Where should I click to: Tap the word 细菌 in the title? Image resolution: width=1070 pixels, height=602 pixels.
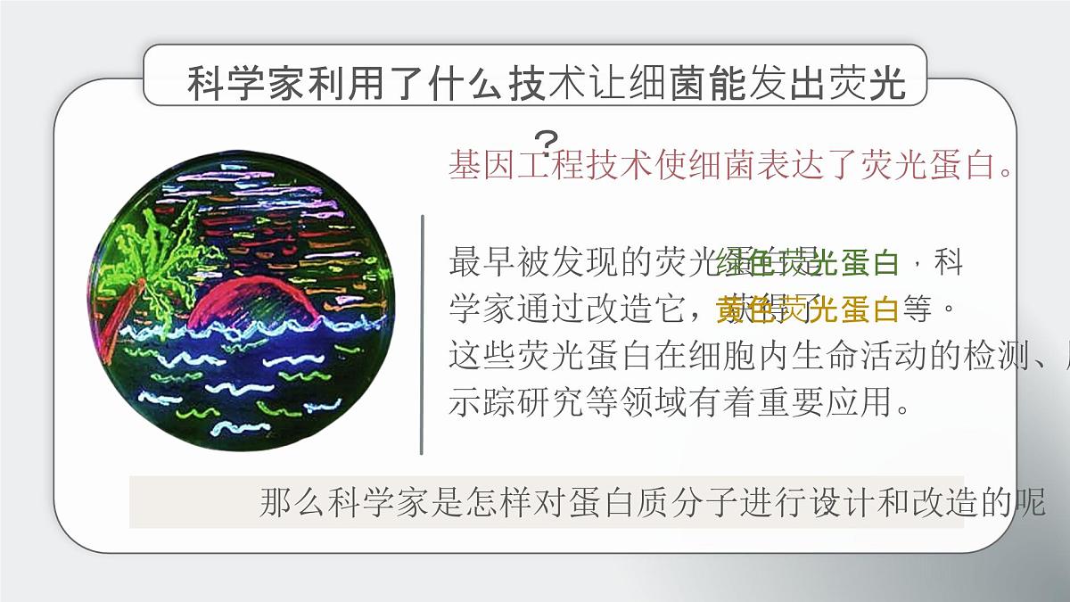[670, 84]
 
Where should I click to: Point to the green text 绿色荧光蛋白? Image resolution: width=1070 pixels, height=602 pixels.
[812, 263]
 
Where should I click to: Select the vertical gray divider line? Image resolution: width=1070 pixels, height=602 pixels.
[422, 334]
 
